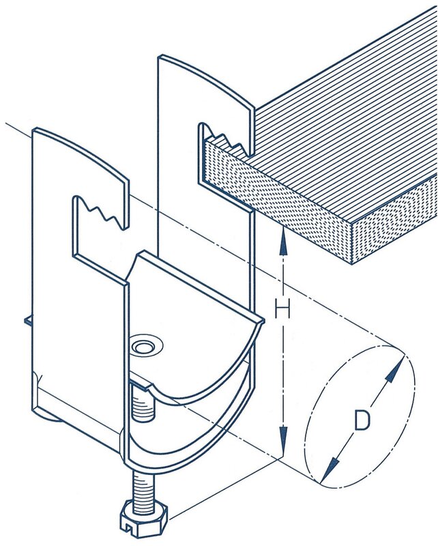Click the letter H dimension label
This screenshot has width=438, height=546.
click(282, 309)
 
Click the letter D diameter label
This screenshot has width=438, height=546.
click(362, 420)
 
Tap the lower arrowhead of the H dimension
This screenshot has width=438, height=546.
click(284, 440)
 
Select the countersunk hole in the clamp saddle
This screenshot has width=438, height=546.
click(145, 346)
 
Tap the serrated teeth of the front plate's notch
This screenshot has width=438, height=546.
click(101, 213)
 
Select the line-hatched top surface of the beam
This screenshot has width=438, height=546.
click(345, 115)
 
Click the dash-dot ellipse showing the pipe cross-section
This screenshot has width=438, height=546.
click(360, 416)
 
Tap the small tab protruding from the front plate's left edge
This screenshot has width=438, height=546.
click(28, 321)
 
